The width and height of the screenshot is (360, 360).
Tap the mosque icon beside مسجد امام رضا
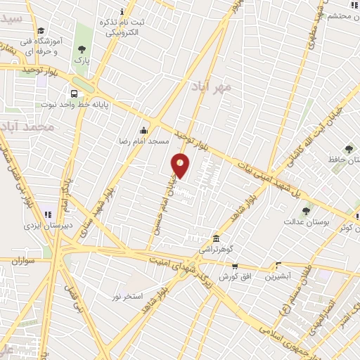[x=144, y=129]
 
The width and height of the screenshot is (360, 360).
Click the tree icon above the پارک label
[x=82, y=49]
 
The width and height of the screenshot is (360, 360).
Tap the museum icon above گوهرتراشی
[x=214, y=238]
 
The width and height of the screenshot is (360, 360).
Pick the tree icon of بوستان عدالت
[x=306, y=210]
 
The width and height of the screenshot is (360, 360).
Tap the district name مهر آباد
[x=210, y=86]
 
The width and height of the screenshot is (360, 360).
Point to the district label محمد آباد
[x=27, y=127]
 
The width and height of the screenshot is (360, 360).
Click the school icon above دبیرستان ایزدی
[x=48, y=214]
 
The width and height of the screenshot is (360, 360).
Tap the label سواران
[x=22, y=261]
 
